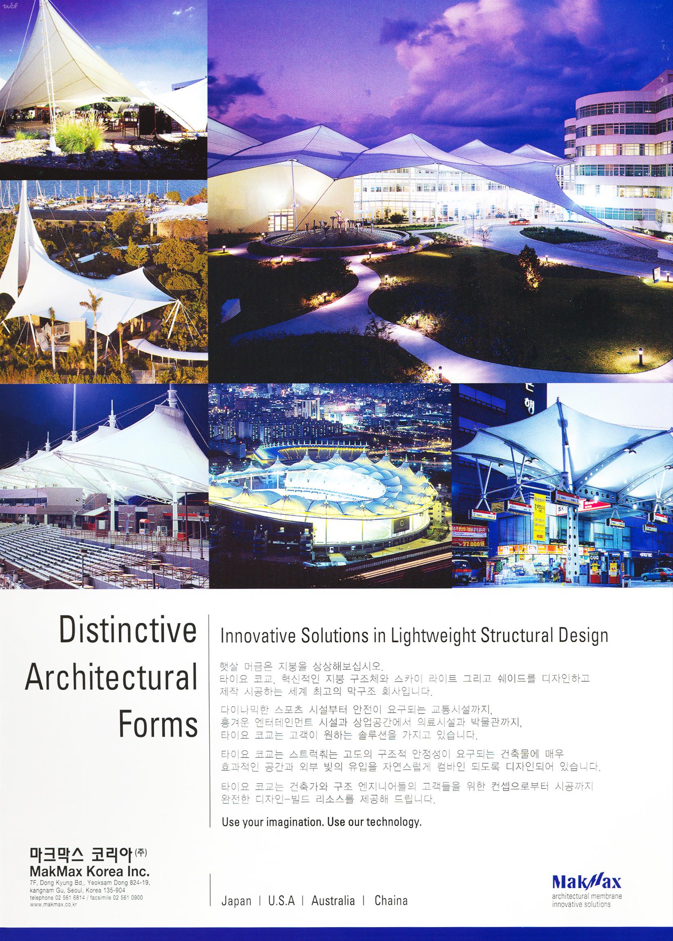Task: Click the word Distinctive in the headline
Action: (x=128, y=631)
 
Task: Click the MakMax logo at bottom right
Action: (x=587, y=905)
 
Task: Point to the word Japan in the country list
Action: (x=236, y=921)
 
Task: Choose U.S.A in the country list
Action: (x=281, y=921)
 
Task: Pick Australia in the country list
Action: (x=333, y=921)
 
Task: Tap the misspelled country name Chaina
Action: (x=391, y=921)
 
